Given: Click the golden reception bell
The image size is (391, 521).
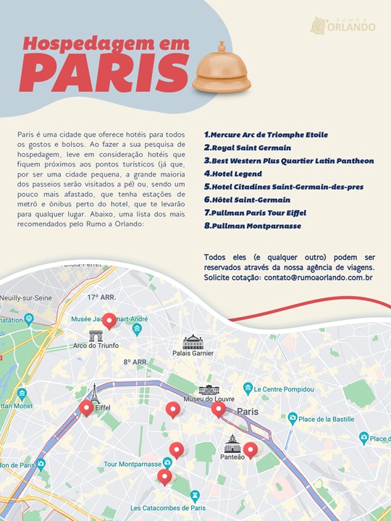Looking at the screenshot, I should (x=222, y=69).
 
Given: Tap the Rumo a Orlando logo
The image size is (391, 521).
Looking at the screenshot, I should (x=343, y=25).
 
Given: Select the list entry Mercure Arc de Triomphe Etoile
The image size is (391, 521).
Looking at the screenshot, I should (x=266, y=135).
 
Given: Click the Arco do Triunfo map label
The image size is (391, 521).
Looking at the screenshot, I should (x=96, y=346).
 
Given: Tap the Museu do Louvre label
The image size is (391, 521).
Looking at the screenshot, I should (x=209, y=399).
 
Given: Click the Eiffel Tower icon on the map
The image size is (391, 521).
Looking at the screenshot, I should (x=93, y=394).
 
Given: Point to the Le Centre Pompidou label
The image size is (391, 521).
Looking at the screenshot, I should (x=283, y=389).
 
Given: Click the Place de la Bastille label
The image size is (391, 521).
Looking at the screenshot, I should (x=326, y=419).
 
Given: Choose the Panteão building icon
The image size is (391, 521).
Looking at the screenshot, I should (x=232, y=443).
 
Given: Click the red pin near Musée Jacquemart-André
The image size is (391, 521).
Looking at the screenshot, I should (x=109, y=321).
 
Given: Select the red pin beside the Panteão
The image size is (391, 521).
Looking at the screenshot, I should (x=251, y=450).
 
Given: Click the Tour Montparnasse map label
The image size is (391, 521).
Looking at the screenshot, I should (x=133, y=463).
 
